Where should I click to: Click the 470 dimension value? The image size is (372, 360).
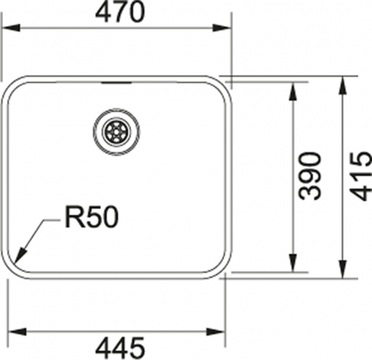pos(120,12)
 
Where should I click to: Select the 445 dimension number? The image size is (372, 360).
pos(120,348)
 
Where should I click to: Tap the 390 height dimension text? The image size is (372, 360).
pos(310,176)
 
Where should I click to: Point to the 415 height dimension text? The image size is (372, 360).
pos(360,176)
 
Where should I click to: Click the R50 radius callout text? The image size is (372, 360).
pos(92,217)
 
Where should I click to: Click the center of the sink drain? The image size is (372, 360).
pos(116,132)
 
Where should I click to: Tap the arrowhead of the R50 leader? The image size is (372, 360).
pos(20,254)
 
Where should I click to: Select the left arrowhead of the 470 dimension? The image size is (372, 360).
pos(10,28)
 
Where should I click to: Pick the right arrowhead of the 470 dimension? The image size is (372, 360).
pos(222,28)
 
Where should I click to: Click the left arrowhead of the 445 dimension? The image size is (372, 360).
pos(17,332)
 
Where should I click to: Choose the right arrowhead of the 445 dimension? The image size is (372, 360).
pos(216,332)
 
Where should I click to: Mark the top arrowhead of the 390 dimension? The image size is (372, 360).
pos(293,91)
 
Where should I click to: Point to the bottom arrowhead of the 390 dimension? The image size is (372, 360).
pos(293,263)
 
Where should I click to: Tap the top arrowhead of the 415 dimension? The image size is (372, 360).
pos(342,86)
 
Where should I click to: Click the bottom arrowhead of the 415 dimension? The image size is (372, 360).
pos(342,269)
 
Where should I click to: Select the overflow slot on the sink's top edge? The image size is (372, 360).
pos(117,83)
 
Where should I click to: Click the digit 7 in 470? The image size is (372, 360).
pos(120,12)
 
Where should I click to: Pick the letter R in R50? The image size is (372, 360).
pos(73,217)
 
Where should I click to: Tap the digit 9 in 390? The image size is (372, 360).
pos(310,176)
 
